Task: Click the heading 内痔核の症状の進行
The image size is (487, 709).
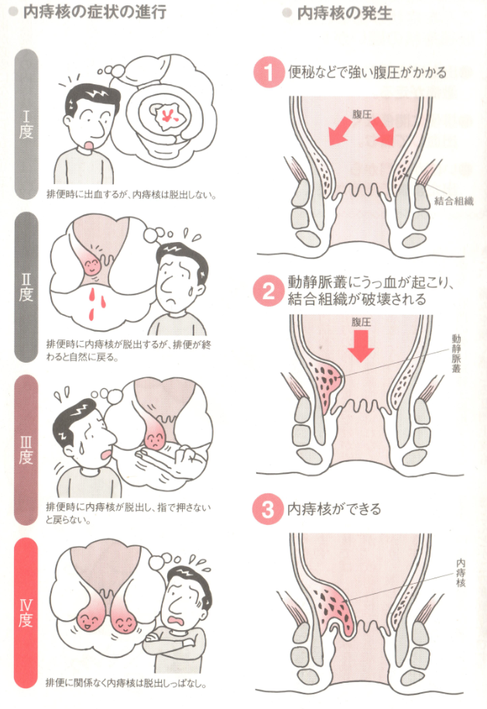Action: (94, 12)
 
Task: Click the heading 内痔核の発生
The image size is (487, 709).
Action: (345, 13)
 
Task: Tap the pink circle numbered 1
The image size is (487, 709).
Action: (268, 73)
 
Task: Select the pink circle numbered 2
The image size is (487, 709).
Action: (269, 291)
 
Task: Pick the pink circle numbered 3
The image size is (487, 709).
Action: (267, 510)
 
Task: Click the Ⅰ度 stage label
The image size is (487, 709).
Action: (26, 124)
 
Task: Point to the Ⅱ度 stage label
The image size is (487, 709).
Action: (26, 288)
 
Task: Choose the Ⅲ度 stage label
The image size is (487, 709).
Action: (26, 450)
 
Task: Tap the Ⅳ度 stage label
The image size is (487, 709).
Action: (26, 613)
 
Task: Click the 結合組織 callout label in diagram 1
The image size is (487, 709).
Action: (454, 201)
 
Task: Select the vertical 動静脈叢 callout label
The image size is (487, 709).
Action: (456, 353)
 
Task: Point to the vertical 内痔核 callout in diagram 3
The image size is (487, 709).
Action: (461, 573)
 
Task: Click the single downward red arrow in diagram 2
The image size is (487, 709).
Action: (361, 346)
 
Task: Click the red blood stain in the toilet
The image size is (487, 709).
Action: (167, 116)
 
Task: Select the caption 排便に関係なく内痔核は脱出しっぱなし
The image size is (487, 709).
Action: (127, 682)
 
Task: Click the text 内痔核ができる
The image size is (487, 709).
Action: (334, 510)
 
